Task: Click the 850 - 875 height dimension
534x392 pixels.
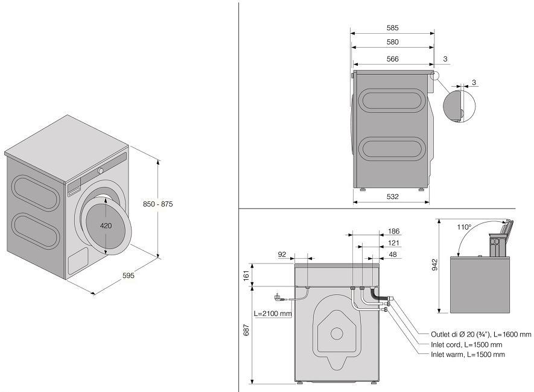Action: click(x=159, y=204)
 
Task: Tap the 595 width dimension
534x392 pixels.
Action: click(x=127, y=276)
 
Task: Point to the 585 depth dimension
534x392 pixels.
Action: click(x=393, y=28)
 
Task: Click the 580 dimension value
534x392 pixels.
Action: click(x=393, y=42)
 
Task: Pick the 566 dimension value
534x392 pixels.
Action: click(x=393, y=58)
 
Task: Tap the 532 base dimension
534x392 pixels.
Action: click(x=393, y=197)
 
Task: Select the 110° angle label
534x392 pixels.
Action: click(x=463, y=227)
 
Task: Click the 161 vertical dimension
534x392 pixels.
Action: click(x=245, y=274)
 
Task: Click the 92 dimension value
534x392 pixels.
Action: click(x=282, y=254)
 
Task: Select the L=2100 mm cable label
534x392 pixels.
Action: click(x=273, y=314)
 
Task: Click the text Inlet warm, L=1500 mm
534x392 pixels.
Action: click(x=468, y=355)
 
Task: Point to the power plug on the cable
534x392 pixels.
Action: click(x=278, y=297)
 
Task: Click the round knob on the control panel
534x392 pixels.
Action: click(x=100, y=171)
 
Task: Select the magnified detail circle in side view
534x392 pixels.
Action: click(x=459, y=106)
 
